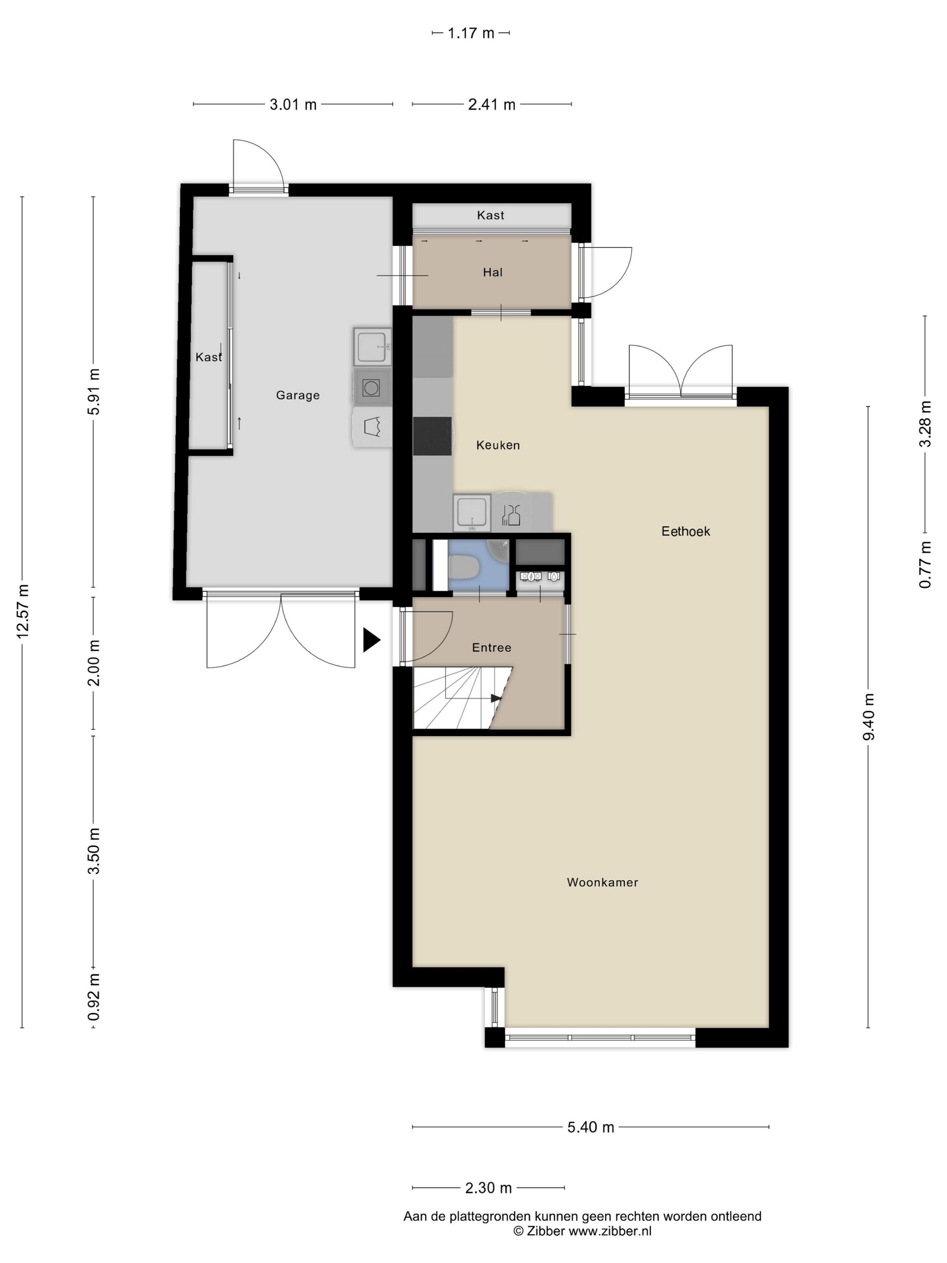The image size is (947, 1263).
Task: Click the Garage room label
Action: coord(297,395)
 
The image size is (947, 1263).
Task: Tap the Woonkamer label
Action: coord(602,882)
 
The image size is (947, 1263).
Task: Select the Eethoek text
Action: coord(685,531)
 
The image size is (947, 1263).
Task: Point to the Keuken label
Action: coord(498,445)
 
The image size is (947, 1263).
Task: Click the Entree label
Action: coord(492,647)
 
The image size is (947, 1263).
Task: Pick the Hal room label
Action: coord(492,272)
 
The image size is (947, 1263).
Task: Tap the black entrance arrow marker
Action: coord(372,640)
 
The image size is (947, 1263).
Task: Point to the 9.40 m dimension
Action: coord(868,717)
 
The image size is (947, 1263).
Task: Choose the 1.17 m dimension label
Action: coord(470,33)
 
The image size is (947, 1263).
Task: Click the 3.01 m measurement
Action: coord(293,105)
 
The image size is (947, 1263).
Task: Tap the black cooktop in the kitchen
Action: coord(432,436)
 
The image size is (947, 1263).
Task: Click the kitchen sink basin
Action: coord(472,512)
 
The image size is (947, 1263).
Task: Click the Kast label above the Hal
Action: coord(490,215)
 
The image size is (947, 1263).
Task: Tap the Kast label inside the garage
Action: coord(208,357)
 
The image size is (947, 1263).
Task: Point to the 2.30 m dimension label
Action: coord(488,1188)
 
